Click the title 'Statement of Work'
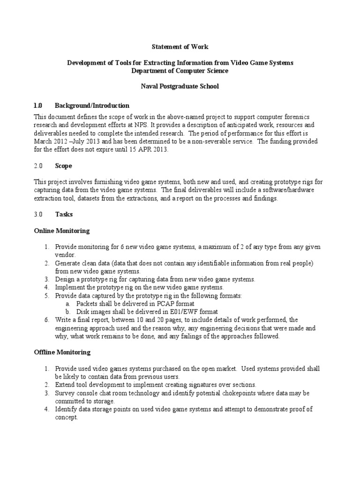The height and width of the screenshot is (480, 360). tap(180, 47)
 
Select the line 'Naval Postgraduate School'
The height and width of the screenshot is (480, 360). tap(180, 87)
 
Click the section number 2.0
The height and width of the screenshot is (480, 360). tap(38, 166)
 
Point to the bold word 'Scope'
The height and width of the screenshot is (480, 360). tap(63, 166)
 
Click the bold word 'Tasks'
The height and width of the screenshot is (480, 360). tap(64, 214)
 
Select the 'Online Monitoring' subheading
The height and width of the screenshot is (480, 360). tap(61, 231)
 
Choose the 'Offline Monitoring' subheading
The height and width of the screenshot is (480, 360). tap(62, 352)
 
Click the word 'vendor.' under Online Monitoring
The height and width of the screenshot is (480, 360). tap(65, 255)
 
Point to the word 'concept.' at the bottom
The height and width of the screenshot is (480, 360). tap(67, 417)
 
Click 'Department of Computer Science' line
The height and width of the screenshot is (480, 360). tap(180, 71)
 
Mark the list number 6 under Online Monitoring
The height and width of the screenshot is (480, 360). tap(47, 320)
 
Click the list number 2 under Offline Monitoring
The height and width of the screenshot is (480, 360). tap(47, 384)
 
